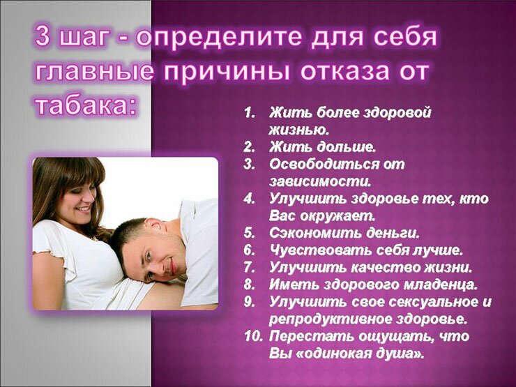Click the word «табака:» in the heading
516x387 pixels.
click(x=86, y=105)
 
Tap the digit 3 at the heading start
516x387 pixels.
click(x=43, y=36)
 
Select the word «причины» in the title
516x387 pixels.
click(x=227, y=72)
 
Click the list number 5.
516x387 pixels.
click(x=249, y=233)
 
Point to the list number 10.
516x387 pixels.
click(x=253, y=336)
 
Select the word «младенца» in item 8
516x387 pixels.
click(x=440, y=284)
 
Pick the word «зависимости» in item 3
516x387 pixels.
click(x=320, y=181)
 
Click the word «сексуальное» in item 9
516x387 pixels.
click(x=430, y=302)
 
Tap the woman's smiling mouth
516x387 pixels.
click(x=83, y=208)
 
